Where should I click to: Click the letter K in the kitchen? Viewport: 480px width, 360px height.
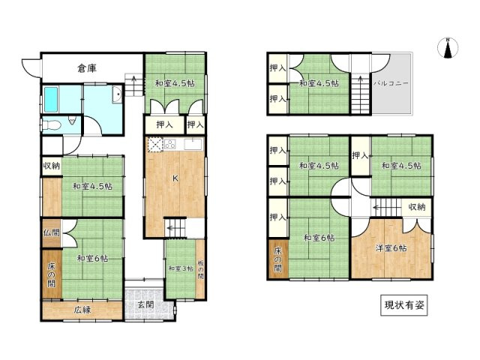[x=175, y=178]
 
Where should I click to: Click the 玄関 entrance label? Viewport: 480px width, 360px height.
[x=145, y=304]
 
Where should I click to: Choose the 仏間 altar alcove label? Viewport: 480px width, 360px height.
[x=50, y=233]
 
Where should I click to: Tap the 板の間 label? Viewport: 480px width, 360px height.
[x=200, y=268]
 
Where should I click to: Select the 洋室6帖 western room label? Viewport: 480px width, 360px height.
[x=392, y=247]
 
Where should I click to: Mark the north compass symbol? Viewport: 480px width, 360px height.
[x=448, y=49]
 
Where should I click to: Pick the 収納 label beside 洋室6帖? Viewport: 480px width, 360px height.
[x=417, y=206]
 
